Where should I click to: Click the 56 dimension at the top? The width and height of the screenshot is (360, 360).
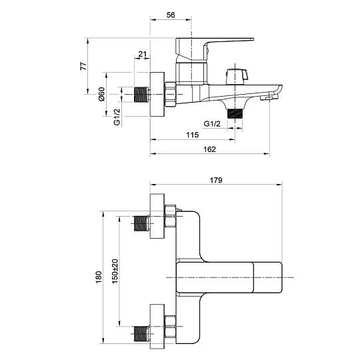click(171, 15)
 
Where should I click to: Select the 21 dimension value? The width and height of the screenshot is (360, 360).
click(143, 54)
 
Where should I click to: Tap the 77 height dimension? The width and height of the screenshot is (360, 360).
click(83, 66)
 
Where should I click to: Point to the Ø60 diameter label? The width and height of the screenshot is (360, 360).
click(101, 94)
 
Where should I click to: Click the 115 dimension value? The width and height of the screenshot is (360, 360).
click(192, 135)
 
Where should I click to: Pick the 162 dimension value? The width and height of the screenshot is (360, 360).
click(209, 149)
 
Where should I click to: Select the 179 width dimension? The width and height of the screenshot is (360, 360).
click(216, 180)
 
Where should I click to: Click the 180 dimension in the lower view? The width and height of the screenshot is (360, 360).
click(99, 277)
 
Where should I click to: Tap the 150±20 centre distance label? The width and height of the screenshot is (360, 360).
click(115, 271)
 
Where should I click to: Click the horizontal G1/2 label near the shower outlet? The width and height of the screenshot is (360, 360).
click(212, 124)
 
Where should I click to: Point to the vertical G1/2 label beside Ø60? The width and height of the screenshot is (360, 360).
click(117, 117)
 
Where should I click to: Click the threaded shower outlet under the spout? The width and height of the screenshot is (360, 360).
click(235, 113)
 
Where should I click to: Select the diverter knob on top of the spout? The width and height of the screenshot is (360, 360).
click(237, 77)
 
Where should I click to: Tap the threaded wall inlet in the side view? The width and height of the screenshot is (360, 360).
click(141, 95)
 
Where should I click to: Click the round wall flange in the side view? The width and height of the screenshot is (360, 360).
click(157, 95)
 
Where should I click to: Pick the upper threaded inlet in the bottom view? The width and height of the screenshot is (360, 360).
click(141, 223)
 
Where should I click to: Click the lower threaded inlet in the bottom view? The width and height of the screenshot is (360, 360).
click(141, 333)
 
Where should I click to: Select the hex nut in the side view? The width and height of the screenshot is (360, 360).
click(171, 95)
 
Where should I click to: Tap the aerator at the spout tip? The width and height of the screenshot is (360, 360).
click(266, 98)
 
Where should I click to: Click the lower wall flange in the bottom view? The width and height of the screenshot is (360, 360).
click(157, 327)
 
